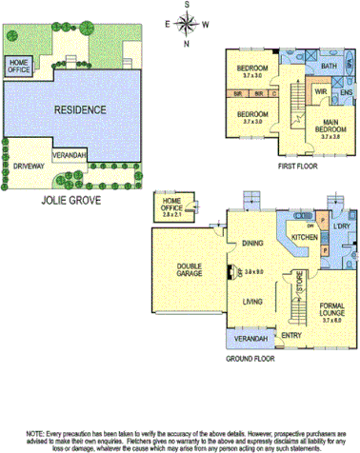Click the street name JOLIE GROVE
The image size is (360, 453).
(x=70, y=202)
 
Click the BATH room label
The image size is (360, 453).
(x=329, y=66)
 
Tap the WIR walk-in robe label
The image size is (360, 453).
(x=320, y=92)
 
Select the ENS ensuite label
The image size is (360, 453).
(x=347, y=92)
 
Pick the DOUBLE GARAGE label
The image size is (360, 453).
(x=184, y=272)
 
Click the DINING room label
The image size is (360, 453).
(x=251, y=243)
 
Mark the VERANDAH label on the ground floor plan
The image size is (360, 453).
(x=246, y=338)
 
